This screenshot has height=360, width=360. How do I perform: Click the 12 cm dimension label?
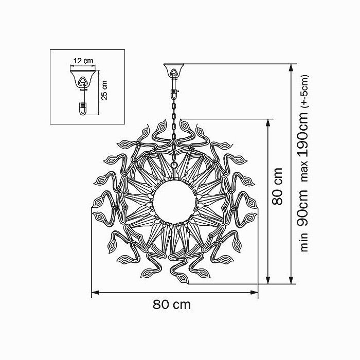point(83,61)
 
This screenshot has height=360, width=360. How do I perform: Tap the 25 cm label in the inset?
point(104,90)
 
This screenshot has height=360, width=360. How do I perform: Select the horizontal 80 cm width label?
point(171,304)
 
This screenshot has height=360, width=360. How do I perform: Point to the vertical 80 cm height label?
point(277,186)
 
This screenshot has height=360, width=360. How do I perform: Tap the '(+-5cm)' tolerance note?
point(305,92)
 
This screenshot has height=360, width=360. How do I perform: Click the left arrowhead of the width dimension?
point(95,293)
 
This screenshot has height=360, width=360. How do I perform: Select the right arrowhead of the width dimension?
point(254,293)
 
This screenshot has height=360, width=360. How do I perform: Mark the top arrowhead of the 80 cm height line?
point(268,123)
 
